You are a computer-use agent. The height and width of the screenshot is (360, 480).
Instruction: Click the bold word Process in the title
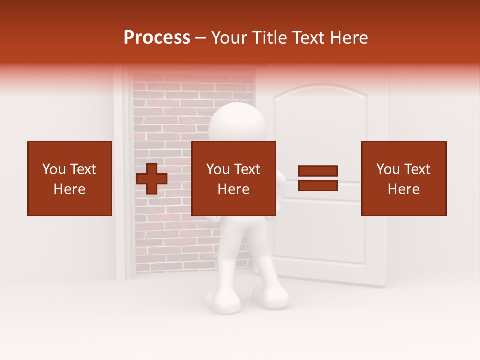pos(157,37)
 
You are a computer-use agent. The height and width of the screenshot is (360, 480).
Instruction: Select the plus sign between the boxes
pos(152,179)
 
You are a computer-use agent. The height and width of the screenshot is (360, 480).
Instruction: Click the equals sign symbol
pos(318,178)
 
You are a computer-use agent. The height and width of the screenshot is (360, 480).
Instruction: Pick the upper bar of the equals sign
pos(318,171)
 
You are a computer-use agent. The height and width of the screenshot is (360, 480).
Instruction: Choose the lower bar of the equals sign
pos(318,185)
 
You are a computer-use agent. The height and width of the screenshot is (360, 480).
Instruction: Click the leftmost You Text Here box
pos(69,178)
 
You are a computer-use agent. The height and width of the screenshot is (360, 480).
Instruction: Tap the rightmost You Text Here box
pos(403,178)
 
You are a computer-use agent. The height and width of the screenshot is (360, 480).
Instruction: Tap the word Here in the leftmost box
pos(69,189)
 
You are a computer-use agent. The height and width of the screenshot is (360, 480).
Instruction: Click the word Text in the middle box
pos(247,169)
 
